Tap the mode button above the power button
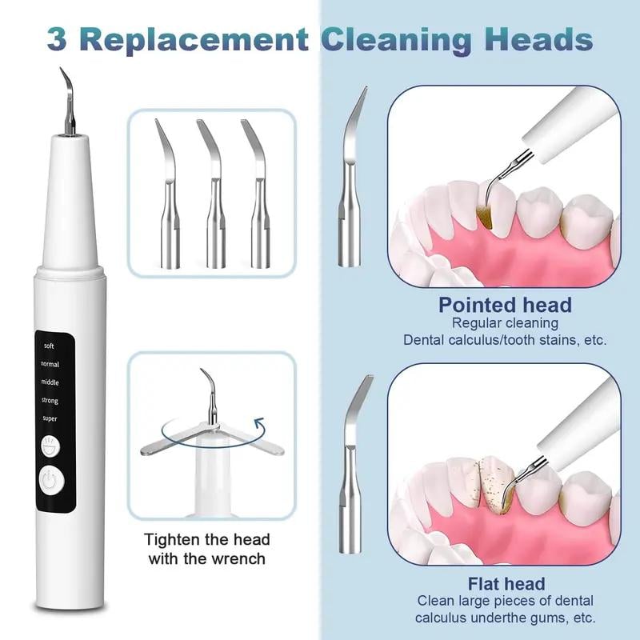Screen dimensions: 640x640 [x=50, y=444]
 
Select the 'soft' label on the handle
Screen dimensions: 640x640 [x=50, y=346]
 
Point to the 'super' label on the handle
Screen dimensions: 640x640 [x=50, y=418]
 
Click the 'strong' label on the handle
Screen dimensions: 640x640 [x=50, y=400]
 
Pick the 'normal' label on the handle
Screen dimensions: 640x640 [x=50, y=364]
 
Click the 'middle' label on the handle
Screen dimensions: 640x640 [x=50, y=382]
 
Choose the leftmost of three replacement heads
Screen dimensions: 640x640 [x=167, y=196]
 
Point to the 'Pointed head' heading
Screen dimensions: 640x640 [x=505, y=305]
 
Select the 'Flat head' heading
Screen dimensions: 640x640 [x=506, y=583]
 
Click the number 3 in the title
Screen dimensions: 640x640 [x=57, y=38]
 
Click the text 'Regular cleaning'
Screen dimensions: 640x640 [x=505, y=323]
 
